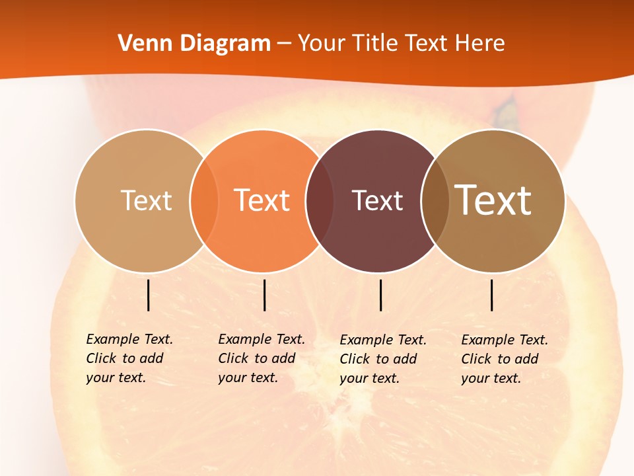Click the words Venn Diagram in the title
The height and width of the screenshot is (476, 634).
coord(194,44)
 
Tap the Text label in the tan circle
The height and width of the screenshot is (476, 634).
coord(146,200)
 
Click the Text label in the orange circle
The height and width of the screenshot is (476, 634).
coord(262,200)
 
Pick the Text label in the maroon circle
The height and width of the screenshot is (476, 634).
coord(377,200)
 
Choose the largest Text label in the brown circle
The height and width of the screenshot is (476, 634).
coord(493,200)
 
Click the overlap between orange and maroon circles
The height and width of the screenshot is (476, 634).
coord(320,200)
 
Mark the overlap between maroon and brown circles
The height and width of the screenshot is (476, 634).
coord(435,200)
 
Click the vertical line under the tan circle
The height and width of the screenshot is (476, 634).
coord(149,295)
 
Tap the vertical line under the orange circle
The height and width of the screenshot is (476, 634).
coord(264,295)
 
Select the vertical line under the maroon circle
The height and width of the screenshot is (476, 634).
coord(381,295)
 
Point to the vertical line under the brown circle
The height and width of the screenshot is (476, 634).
coord(492,295)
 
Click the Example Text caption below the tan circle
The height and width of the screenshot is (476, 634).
coord(129,358)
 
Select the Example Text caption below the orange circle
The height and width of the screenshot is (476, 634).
coord(261,358)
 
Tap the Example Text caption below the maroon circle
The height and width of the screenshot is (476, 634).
coord(382,359)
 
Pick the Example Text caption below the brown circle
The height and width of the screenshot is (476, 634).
coord(504,359)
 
